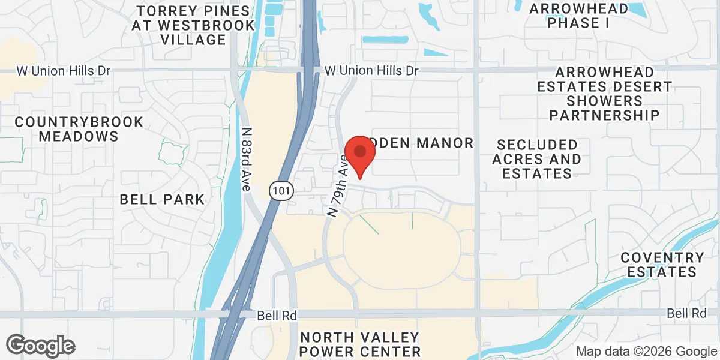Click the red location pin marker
(x=359, y=154)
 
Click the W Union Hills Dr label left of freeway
(x=64, y=71)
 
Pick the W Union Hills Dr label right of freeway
(x=371, y=71)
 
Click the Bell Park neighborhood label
(x=162, y=199)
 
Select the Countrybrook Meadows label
(x=79, y=129)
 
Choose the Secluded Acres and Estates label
(x=537, y=159)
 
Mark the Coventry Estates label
(x=662, y=265)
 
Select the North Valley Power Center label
(x=361, y=344)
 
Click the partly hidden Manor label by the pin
(x=426, y=143)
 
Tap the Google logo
(x=40, y=346)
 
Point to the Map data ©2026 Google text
(x=646, y=351)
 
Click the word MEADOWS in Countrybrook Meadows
(x=79, y=136)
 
